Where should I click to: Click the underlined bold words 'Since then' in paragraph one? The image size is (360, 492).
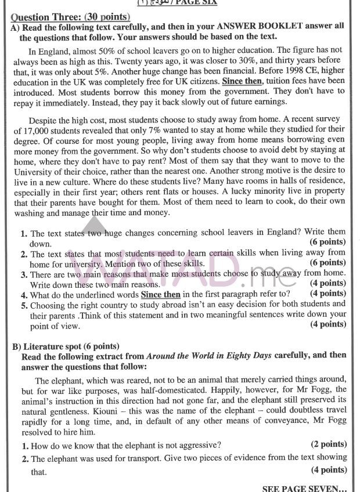pos(242,81)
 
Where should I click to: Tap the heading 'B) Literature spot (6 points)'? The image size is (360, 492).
pos(66,346)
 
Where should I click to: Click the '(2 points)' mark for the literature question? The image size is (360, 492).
pos(329,444)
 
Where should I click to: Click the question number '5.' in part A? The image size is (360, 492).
pos(24,304)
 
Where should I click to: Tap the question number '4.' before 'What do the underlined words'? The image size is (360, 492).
pos(24,294)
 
